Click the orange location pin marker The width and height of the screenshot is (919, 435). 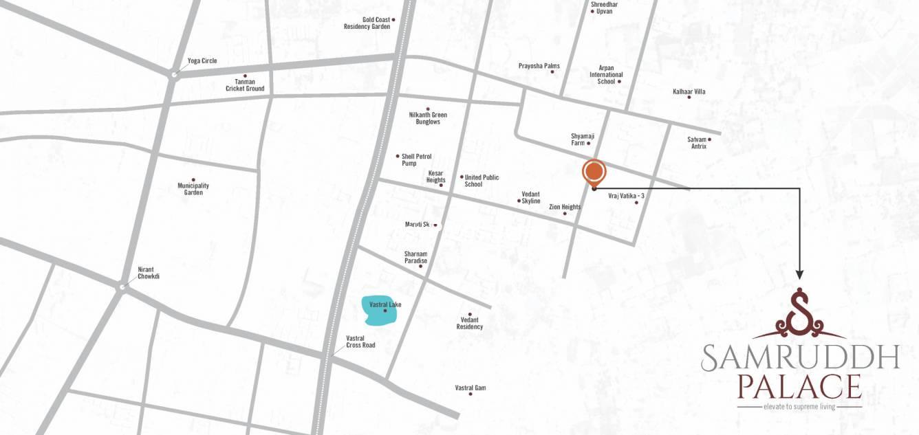594,172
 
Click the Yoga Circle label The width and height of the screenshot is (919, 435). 202,61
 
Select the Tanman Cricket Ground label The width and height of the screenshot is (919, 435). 245,85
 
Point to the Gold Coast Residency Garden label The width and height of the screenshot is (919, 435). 367,23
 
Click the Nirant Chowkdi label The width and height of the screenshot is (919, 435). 149,273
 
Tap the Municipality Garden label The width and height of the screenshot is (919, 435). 193,189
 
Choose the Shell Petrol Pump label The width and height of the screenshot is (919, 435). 417,159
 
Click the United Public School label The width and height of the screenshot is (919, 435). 482,181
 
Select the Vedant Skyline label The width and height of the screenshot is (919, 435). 530,197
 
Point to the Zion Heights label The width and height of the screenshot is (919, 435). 565,207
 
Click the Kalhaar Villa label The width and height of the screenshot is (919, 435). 689,91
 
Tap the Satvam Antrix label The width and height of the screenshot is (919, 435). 698,143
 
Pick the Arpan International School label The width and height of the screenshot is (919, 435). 606,75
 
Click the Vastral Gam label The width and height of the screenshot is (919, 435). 471,388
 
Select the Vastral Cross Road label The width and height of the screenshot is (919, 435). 360,342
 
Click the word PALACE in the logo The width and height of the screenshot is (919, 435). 799,387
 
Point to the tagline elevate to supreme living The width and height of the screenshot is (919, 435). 799,407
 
